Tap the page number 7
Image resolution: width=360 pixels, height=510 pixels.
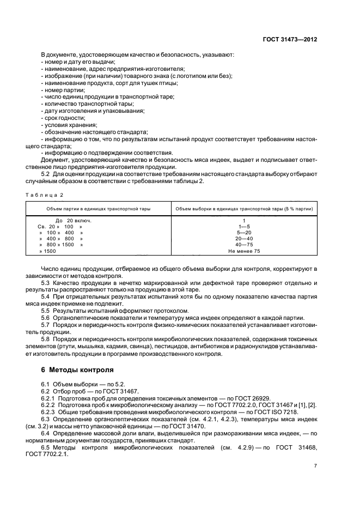tap(315, 465)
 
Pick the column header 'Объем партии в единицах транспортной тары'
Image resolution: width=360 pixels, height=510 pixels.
tap(98, 209)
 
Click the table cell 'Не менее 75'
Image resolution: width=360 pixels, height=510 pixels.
tap(244, 251)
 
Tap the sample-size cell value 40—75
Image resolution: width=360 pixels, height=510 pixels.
tap(244, 245)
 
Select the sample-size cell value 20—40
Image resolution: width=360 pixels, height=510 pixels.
tap(244, 238)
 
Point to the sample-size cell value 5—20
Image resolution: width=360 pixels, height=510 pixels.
tap(244, 232)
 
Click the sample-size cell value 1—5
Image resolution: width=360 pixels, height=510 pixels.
tap(244, 226)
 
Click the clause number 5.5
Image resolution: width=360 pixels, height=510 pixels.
tap(46, 310)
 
